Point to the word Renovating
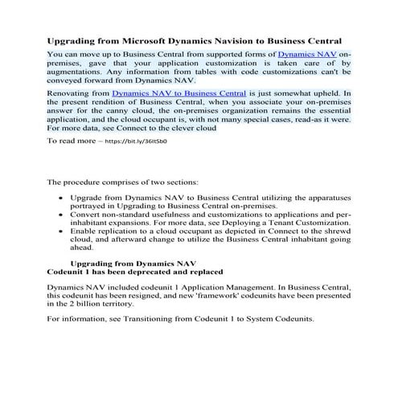[x=70, y=94]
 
